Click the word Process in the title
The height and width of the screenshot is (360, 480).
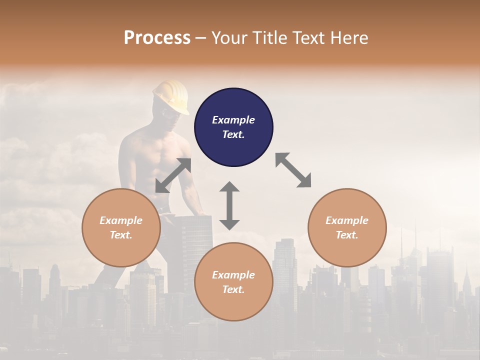point(157,38)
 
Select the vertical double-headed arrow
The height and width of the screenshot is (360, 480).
point(229,205)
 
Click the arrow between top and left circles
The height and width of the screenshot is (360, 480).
point(173,175)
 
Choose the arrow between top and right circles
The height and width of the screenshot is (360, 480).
point(293,170)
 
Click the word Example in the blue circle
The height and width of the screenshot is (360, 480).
point(233,120)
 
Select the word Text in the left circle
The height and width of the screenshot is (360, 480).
point(121,235)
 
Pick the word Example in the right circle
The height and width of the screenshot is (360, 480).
point(347,220)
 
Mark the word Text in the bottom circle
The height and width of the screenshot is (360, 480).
point(233,289)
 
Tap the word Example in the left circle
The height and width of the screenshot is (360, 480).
point(121,220)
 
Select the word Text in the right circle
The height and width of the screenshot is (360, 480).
point(347,235)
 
